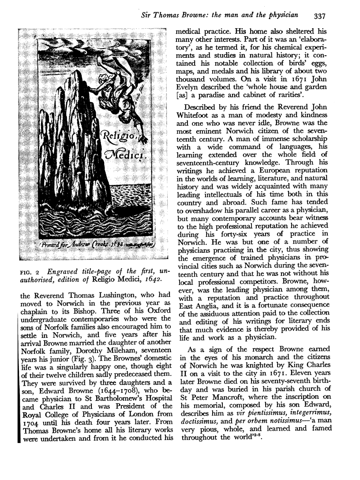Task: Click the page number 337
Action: (x=317, y=16)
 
